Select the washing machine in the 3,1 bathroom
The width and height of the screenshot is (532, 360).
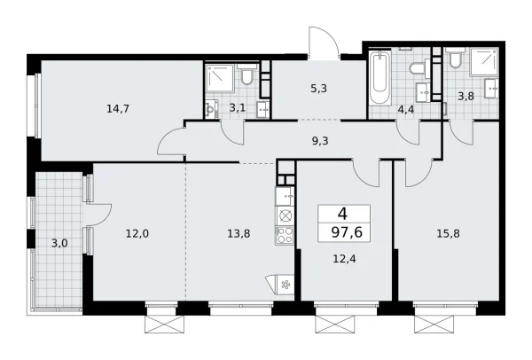(212, 109)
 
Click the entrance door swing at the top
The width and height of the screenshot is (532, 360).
(325, 43)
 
